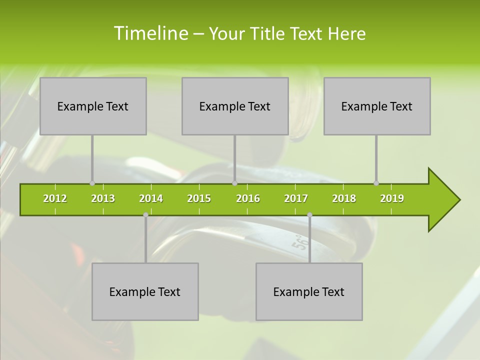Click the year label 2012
pos(55,198)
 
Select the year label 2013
pos(103,198)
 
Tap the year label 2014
pos(151,198)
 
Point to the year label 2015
pos(199,198)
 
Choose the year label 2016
pos(248,198)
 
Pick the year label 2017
pos(296,198)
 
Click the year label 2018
pos(344,198)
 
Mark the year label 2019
pos(392,198)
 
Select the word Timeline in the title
pos(150,33)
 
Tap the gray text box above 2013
pos(93,106)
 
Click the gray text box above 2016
pos(235,106)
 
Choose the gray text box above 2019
pos(377,106)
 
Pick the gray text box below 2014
pos(145,291)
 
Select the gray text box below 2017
pos(309,291)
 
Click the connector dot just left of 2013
pos(92,183)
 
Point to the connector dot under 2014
pos(145,214)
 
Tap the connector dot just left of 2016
pos(234,183)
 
